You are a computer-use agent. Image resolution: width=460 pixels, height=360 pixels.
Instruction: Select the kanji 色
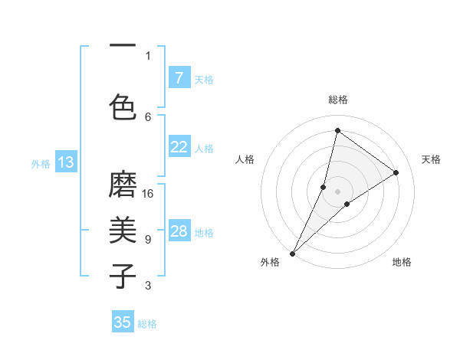tap(123, 106)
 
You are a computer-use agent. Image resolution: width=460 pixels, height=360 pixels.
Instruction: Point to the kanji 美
tap(123, 231)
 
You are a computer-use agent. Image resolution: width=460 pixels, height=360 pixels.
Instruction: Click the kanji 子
tap(123, 275)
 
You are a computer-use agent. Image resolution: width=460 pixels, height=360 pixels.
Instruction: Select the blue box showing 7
tap(179, 77)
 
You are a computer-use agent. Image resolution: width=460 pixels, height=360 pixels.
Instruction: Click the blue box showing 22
tap(179, 147)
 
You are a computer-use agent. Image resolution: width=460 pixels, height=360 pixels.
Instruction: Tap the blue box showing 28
tap(179, 231)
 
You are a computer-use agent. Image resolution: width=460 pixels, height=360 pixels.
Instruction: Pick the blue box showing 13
tap(65, 162)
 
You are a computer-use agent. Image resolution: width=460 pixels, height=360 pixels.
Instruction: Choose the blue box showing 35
tap(123, 322)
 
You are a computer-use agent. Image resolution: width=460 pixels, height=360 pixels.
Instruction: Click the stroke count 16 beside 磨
tap(148, 194)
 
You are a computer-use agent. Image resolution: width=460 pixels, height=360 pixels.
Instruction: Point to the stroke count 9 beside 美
tap(148, 240)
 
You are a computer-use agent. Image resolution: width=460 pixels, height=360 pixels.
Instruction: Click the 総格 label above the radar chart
tap(337, 100)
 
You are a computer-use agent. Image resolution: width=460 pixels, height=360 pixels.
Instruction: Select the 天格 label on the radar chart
tap(431, 159)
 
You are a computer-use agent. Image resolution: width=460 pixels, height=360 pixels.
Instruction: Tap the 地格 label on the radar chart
tap(402, 262)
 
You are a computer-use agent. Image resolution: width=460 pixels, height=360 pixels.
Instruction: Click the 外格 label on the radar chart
tap(270, 262)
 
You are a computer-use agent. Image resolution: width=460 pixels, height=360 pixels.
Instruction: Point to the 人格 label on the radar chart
tap(245, 159)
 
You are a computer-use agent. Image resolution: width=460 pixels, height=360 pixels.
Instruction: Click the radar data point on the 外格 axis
tap(292, 253)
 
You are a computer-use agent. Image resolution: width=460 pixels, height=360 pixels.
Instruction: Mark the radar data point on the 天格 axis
tap(396, 172)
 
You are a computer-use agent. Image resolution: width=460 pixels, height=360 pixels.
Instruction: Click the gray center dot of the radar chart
tap(337, 191)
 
